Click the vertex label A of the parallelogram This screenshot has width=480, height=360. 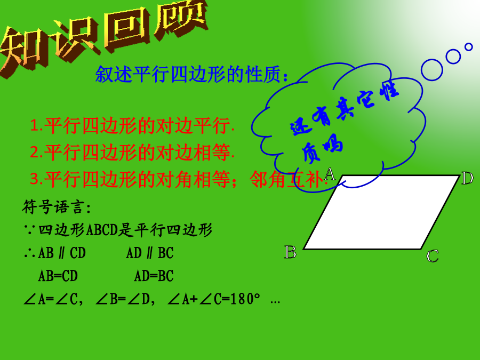[330, 174]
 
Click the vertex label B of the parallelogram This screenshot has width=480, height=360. [290, 252]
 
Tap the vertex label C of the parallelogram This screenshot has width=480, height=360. [433, 256]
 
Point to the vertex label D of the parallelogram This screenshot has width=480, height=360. [467, 178]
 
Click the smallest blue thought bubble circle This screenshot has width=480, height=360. [468, 47]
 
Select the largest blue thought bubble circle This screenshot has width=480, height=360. [432, 70]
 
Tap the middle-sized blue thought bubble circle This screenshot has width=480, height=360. [453, 57]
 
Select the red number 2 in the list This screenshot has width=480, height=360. [35, 152]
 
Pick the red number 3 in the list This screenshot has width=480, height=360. [35, 179]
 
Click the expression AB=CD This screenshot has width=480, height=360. [58, 276]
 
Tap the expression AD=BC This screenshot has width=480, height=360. [154, 276]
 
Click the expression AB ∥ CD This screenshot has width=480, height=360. [62, 253]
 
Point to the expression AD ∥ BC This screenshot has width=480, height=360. [150, 253]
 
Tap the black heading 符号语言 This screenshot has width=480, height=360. [53, 207]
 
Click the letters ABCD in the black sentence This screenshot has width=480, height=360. [102, 230]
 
